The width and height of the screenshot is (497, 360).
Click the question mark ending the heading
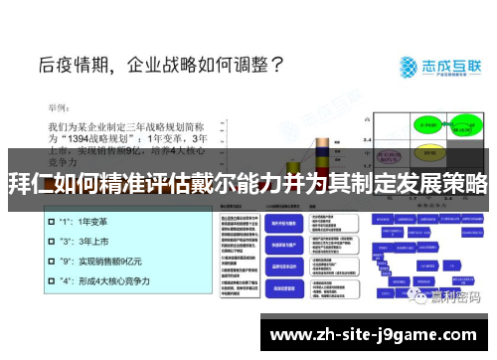point(276,67)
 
